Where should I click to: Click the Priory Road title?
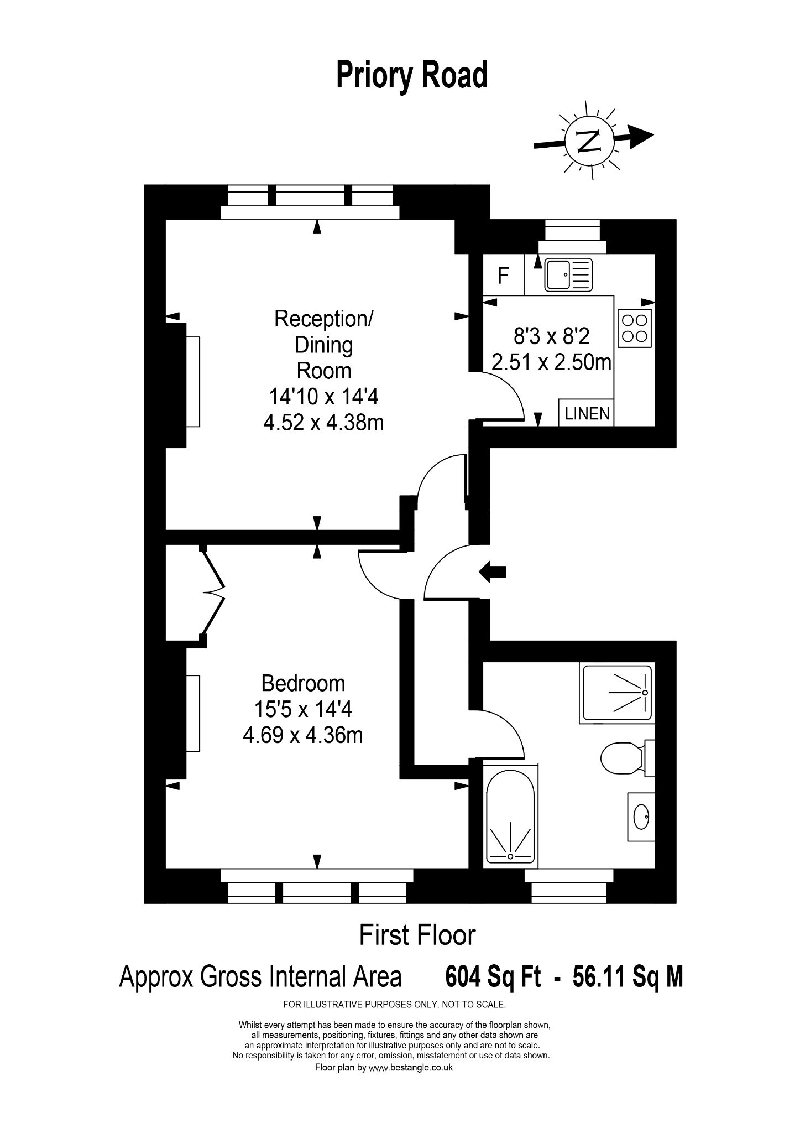(412, 76)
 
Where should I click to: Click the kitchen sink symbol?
(568, 274)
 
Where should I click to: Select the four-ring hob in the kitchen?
(635, 329)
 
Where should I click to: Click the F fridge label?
(503, 275)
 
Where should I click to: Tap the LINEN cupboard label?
(587, 413)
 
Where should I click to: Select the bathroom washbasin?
(641, 817)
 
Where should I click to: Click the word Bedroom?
(303, 684)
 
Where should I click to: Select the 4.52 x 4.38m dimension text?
(324, 423)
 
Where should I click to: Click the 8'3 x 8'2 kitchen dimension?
(552, 336)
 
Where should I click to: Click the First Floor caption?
(417, 935)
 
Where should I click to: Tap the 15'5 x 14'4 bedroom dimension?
(303, 709)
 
